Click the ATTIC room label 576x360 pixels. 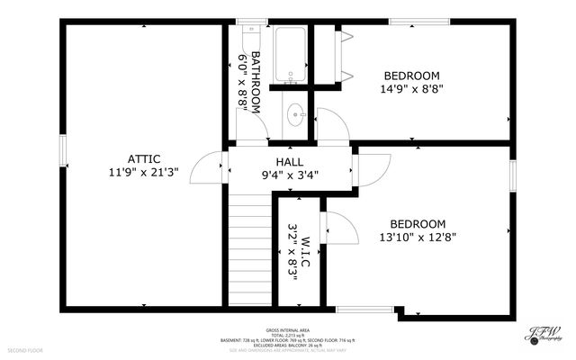(144, 159)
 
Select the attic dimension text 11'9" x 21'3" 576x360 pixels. (144, 172)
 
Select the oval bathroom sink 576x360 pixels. (294, 115)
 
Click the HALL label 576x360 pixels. (289, 161)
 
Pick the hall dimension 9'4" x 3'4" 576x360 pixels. (289, 175)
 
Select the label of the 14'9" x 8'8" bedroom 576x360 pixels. (411, 76)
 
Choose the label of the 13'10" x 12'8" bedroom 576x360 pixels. (417, 224)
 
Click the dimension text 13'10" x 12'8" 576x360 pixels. (417, 238)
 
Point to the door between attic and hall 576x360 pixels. (213, 166)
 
